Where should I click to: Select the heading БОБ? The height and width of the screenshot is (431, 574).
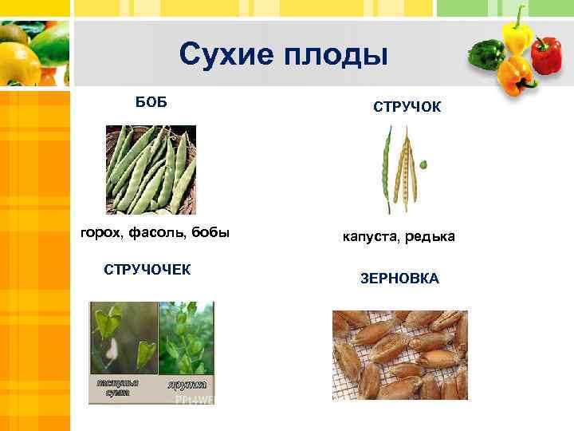(151, 103)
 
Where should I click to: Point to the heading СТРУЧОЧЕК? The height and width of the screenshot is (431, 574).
(147, 269)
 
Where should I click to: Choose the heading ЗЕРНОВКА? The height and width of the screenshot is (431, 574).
(399, 279)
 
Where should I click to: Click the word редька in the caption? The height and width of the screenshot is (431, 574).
(431, 237)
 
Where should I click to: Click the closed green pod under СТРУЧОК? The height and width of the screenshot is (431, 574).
(387, 168)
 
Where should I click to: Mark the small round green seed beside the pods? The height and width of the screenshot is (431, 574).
(423, 164)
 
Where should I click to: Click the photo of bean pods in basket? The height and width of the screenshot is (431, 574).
(151, 170)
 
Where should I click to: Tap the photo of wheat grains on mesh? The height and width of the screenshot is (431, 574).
(399, 354)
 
